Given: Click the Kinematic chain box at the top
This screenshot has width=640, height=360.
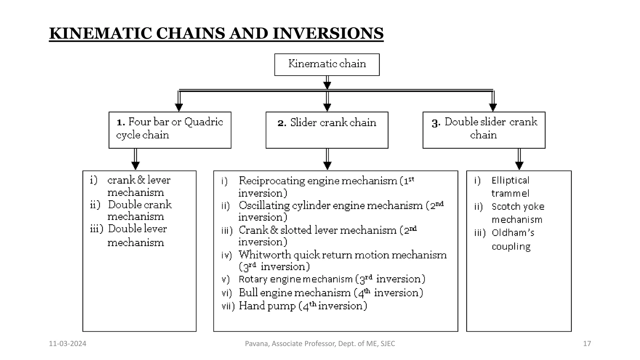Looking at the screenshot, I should [327, 64].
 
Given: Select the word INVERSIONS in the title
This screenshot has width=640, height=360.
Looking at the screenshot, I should [328, 33].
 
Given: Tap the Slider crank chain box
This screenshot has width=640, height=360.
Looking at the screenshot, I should [327, 130].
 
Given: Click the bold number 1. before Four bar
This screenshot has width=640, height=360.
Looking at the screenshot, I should [121, 122].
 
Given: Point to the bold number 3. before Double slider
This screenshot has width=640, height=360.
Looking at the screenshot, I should [436, 123].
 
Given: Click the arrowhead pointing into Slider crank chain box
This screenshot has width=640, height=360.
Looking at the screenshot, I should [327, 107].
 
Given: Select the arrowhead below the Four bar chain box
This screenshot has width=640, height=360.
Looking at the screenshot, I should [135, 165].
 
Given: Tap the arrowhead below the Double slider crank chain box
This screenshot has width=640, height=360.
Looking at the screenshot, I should [519, 165].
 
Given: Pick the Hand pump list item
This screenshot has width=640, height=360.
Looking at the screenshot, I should [267, 306].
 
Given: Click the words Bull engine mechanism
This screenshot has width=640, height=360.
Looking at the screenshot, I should [294, 293].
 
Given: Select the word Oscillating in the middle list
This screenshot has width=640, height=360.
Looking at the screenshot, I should [264, 206].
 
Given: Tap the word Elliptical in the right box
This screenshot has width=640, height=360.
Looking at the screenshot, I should [510, 180].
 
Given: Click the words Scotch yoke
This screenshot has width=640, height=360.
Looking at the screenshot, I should [518, 207].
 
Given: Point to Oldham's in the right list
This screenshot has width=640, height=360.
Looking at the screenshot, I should [513, 233].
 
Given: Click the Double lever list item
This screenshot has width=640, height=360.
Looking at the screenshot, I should [137, 229].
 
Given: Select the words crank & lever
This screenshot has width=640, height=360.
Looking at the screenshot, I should [139, 180].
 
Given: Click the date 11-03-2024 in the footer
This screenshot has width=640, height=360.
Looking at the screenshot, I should [67, 344].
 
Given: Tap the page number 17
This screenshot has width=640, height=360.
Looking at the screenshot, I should [587, 344].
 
